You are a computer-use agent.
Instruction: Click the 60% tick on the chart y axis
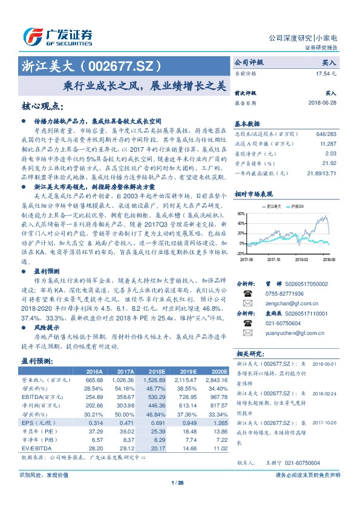pos(241,213)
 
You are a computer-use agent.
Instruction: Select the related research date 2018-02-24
pos(324,391)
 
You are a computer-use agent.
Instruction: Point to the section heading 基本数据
pos(246,123)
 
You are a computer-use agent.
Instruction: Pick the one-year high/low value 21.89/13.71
pos(321,173)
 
